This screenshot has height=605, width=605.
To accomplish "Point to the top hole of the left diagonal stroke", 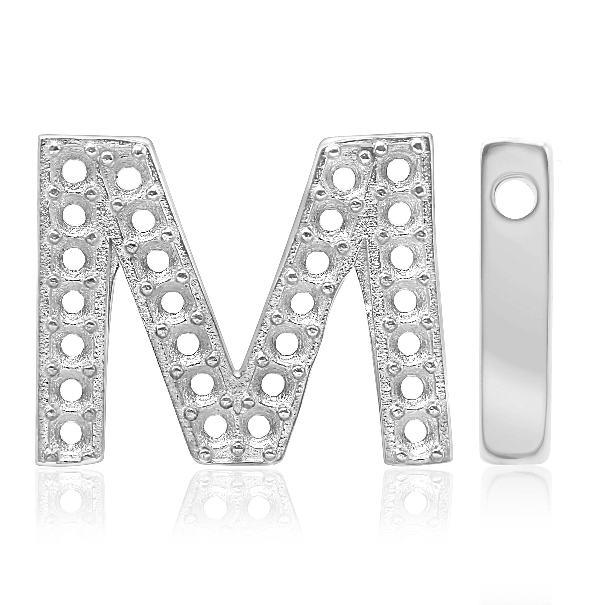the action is [x=129, y=177].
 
